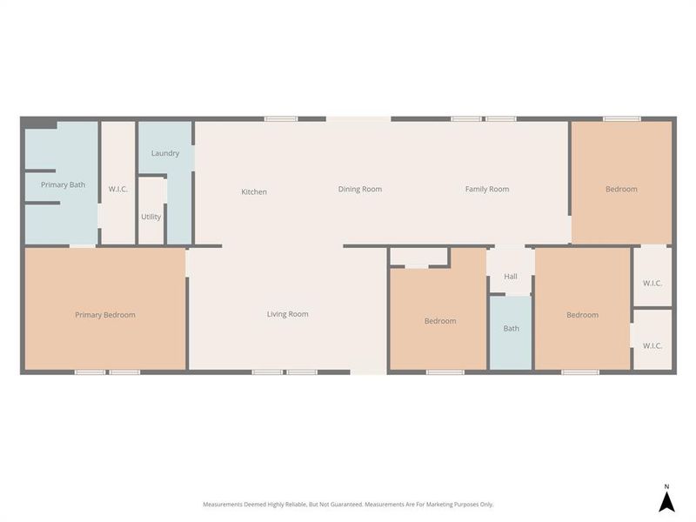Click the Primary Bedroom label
(104, 315)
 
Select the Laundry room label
(165, 153)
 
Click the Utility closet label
(151, 217)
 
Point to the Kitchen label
(254, 191)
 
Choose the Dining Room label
(360, 189)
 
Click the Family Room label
(487, 189)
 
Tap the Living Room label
(287, 314)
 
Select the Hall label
(511, 277)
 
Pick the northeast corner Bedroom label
(621, 189)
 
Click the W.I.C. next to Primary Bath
(118, 189)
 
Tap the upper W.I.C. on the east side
(652, 283)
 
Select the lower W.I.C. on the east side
(652, 345)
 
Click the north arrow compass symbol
(666, 502)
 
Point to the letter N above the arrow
(666, 486)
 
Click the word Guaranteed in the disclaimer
(340, 505)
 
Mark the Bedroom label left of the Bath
(440, 321)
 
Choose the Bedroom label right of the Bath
(582, 315)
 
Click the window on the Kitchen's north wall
(281, 118)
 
